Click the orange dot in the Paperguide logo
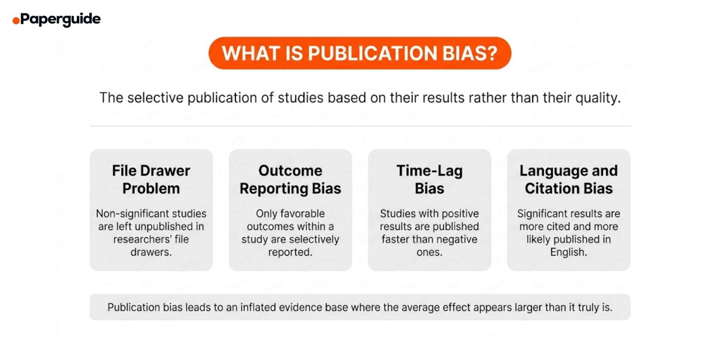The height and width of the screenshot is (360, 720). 16,21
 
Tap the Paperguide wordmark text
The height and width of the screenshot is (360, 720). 60,19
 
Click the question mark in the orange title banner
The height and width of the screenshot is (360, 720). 492,53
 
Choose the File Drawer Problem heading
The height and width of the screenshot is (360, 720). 151,179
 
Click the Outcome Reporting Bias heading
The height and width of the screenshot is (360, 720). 290,179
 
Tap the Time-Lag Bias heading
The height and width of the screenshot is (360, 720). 429,179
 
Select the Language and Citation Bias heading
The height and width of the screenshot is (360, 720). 568,179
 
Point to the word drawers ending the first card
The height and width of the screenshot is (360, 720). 151,252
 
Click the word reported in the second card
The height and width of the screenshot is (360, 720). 290,252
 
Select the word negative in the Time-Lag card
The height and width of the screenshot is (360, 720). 455,239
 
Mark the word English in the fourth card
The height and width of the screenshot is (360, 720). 568,252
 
